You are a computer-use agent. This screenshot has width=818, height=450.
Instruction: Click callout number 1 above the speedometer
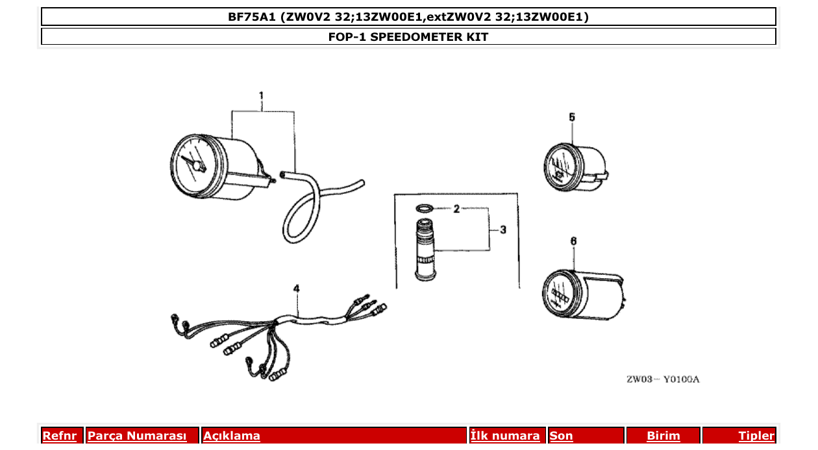coord(261,97)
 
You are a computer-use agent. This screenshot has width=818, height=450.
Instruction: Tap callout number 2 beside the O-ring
coord(456,209)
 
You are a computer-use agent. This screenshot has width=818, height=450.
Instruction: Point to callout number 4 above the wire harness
coord(296,288)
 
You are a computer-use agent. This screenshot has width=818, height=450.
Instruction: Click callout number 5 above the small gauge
coord(572,117)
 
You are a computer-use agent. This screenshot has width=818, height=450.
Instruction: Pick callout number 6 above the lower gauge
coord(573,241)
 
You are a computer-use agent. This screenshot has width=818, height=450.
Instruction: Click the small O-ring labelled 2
coord(424,209)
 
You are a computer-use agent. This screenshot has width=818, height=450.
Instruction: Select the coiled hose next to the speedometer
coord(305,207)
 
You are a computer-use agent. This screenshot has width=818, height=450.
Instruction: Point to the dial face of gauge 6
coord(560,295)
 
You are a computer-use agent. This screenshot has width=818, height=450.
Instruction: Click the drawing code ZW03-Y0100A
coord(662,379)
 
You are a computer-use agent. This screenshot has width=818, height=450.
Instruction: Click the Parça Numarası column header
coord(137,436)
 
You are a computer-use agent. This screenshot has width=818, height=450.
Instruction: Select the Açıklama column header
coord(232,436)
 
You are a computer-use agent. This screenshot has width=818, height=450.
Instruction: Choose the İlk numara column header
coord(505,436)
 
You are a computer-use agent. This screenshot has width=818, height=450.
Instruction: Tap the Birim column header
coord(663,436)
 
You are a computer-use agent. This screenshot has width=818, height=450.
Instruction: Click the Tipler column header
coord(756,436)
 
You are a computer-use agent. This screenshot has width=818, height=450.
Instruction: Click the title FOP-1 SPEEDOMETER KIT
coord(408,37)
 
